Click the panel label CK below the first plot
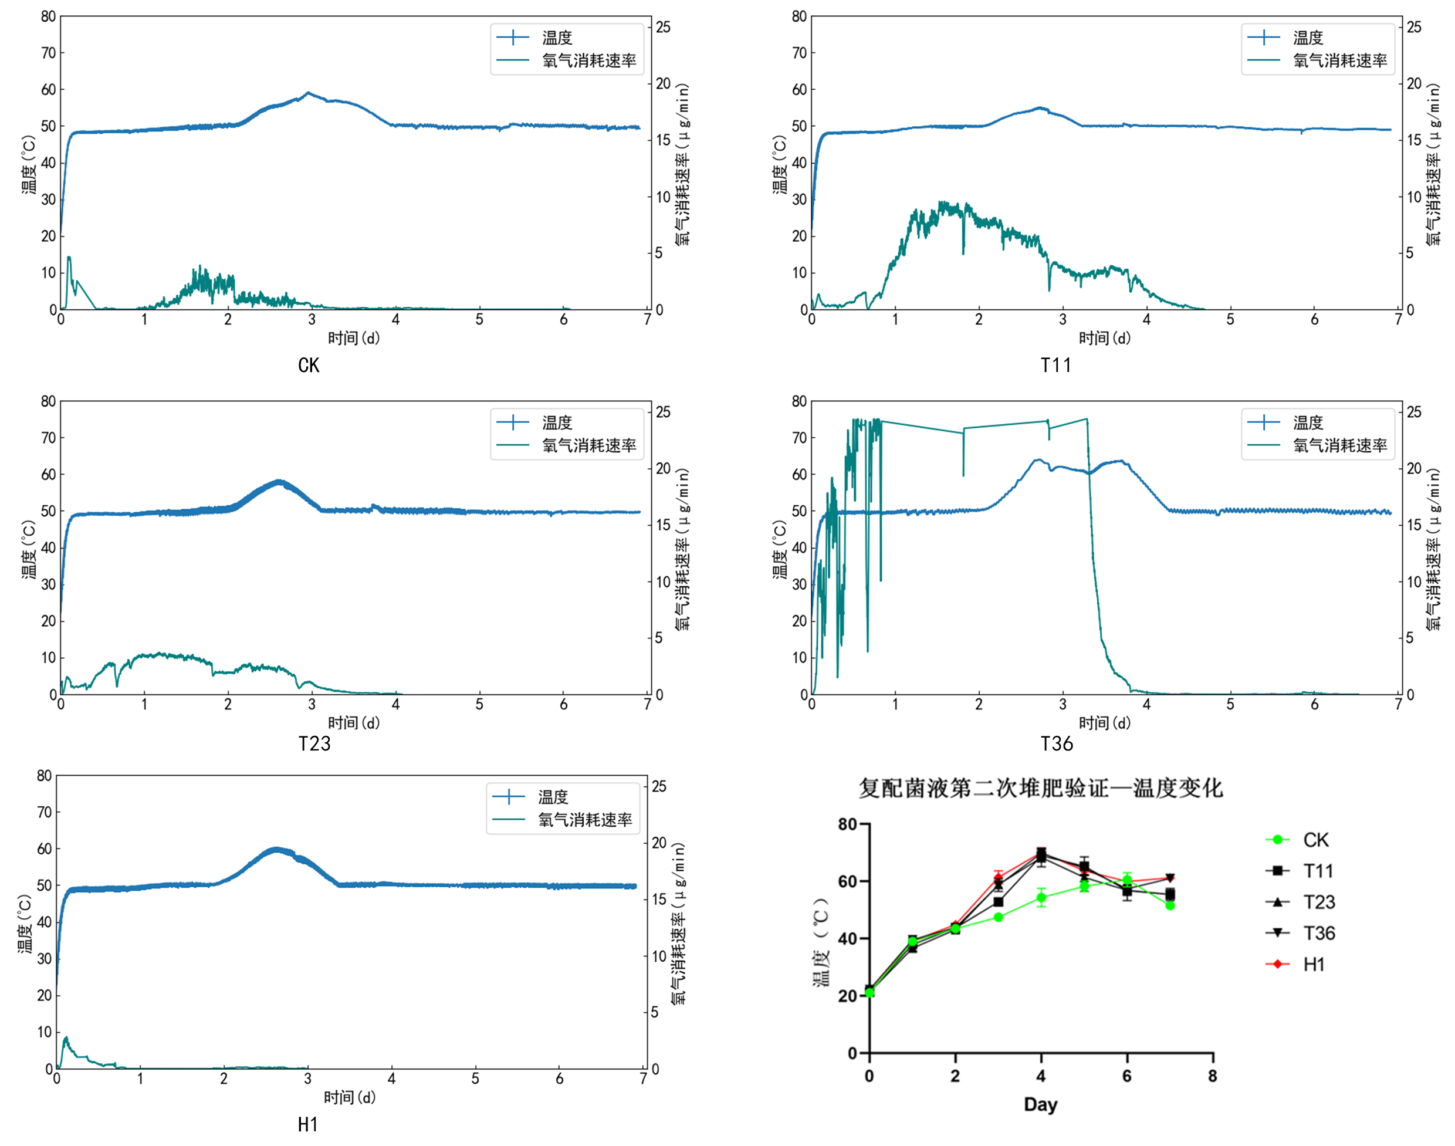[308, 365]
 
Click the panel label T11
[1056, 365]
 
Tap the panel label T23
[314, 743]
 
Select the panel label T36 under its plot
[1057, 743]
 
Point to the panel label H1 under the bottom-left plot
[308, 1124]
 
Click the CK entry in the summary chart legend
[1315, 840]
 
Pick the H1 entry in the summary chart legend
[1314, 964]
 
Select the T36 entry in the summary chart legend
[1318, 934]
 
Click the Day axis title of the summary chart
[1040, 1104]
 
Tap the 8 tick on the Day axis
[1212, 1076]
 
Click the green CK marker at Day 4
[1041, 898]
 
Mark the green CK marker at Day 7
[1170, 905]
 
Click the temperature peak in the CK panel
[308, 93]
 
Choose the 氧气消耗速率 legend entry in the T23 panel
[588, 445]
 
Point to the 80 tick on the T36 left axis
[799, 401]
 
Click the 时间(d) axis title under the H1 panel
[350, 1097]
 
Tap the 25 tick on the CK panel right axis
[663, 28]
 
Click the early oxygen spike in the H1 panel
[66, 1039]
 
